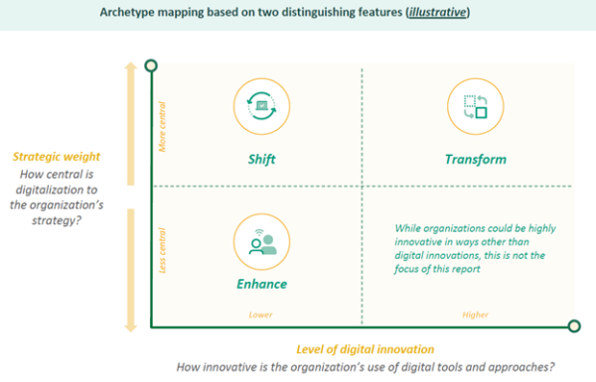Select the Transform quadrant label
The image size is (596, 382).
click(476, 159)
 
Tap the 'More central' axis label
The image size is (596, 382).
click(163, 129)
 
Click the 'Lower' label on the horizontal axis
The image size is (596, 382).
click(261, 316)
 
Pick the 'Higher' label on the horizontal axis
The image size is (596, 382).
click(476, 316)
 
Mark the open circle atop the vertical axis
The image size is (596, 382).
click(151, 65)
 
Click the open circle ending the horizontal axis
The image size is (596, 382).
click(574, 326)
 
